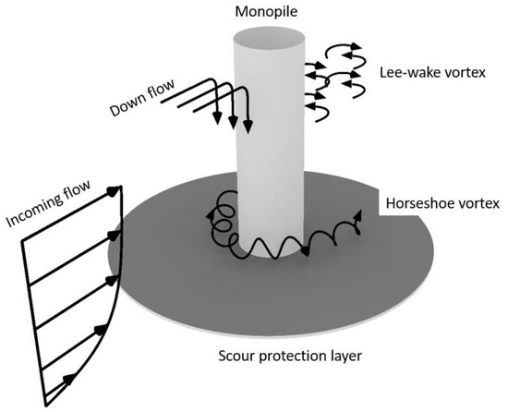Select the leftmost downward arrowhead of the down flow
pyautogui.click(x=217, y=116)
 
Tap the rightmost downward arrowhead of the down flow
pyautogui.click(x=248, y=122)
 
